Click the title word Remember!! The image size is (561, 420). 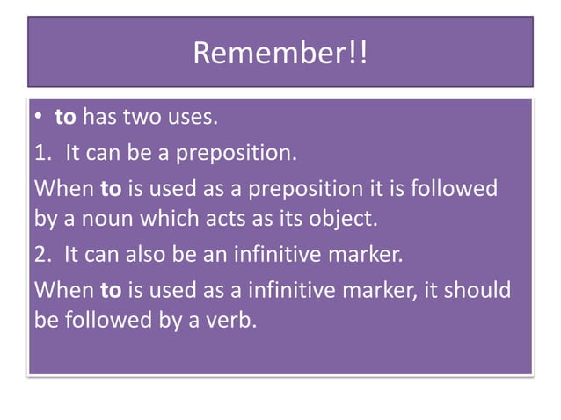pos(280,54)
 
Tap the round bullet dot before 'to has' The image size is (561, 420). pos(39,119)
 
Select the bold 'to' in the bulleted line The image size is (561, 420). pos(64,118)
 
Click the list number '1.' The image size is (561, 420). pos(43,154)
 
